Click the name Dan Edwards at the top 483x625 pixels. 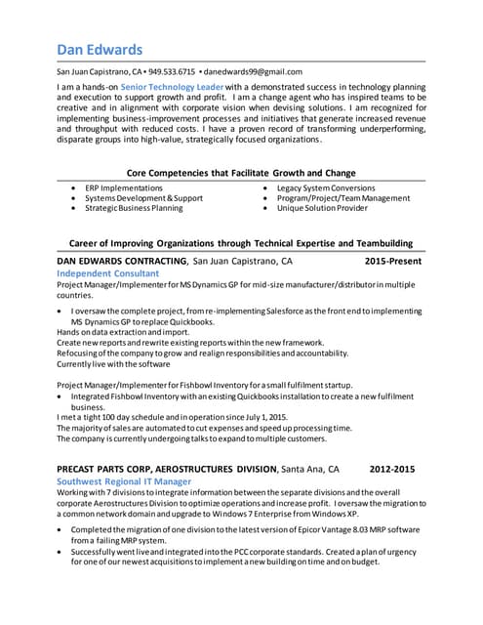99,49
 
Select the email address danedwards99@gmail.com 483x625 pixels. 253,71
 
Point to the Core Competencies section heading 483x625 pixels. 241,172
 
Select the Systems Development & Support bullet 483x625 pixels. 143,198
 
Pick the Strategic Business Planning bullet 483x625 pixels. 133,208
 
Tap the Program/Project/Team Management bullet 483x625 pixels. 343,198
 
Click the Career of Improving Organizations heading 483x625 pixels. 241,243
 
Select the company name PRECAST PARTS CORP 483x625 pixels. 116,468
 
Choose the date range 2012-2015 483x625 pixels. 391,468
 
